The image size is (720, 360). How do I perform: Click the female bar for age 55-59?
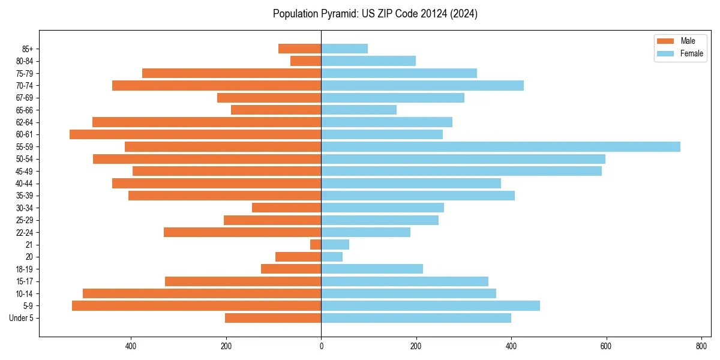(x=500, y=146)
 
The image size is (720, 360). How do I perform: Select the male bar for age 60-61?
(x=195, y=134)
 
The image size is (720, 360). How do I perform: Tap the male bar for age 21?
(x=316, y=245)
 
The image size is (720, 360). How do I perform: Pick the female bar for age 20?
(x=332, y=257)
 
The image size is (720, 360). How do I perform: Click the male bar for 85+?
(x=299, y=49)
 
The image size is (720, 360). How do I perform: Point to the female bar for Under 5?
(x=416, y=318)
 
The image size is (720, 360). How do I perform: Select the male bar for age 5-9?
(x=196, y=306)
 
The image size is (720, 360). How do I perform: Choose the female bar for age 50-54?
(x=463, y=159)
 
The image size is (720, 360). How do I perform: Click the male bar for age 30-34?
(x=286, y=208)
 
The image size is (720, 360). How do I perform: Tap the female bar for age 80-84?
(x=368, y=61)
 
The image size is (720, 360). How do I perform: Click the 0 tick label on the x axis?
(x=321, y=346)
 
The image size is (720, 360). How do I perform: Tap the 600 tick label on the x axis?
(x=606, y=346)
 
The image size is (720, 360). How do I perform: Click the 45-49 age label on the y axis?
(x=25, y=171)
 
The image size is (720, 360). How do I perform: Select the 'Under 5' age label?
(x=21, y=318)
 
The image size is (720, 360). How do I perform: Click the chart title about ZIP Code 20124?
(x=375, y=14)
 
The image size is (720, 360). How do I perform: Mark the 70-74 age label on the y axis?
(x=25, y=85)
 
